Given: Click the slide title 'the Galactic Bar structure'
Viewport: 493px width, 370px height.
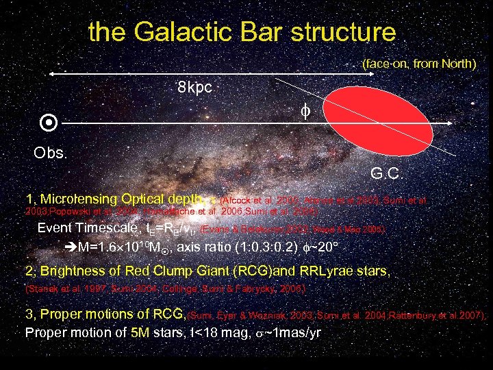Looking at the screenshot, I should point(242,32).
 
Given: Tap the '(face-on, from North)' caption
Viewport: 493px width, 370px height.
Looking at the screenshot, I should point(419,64).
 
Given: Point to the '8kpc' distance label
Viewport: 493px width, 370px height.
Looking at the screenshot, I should point(195,88).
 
